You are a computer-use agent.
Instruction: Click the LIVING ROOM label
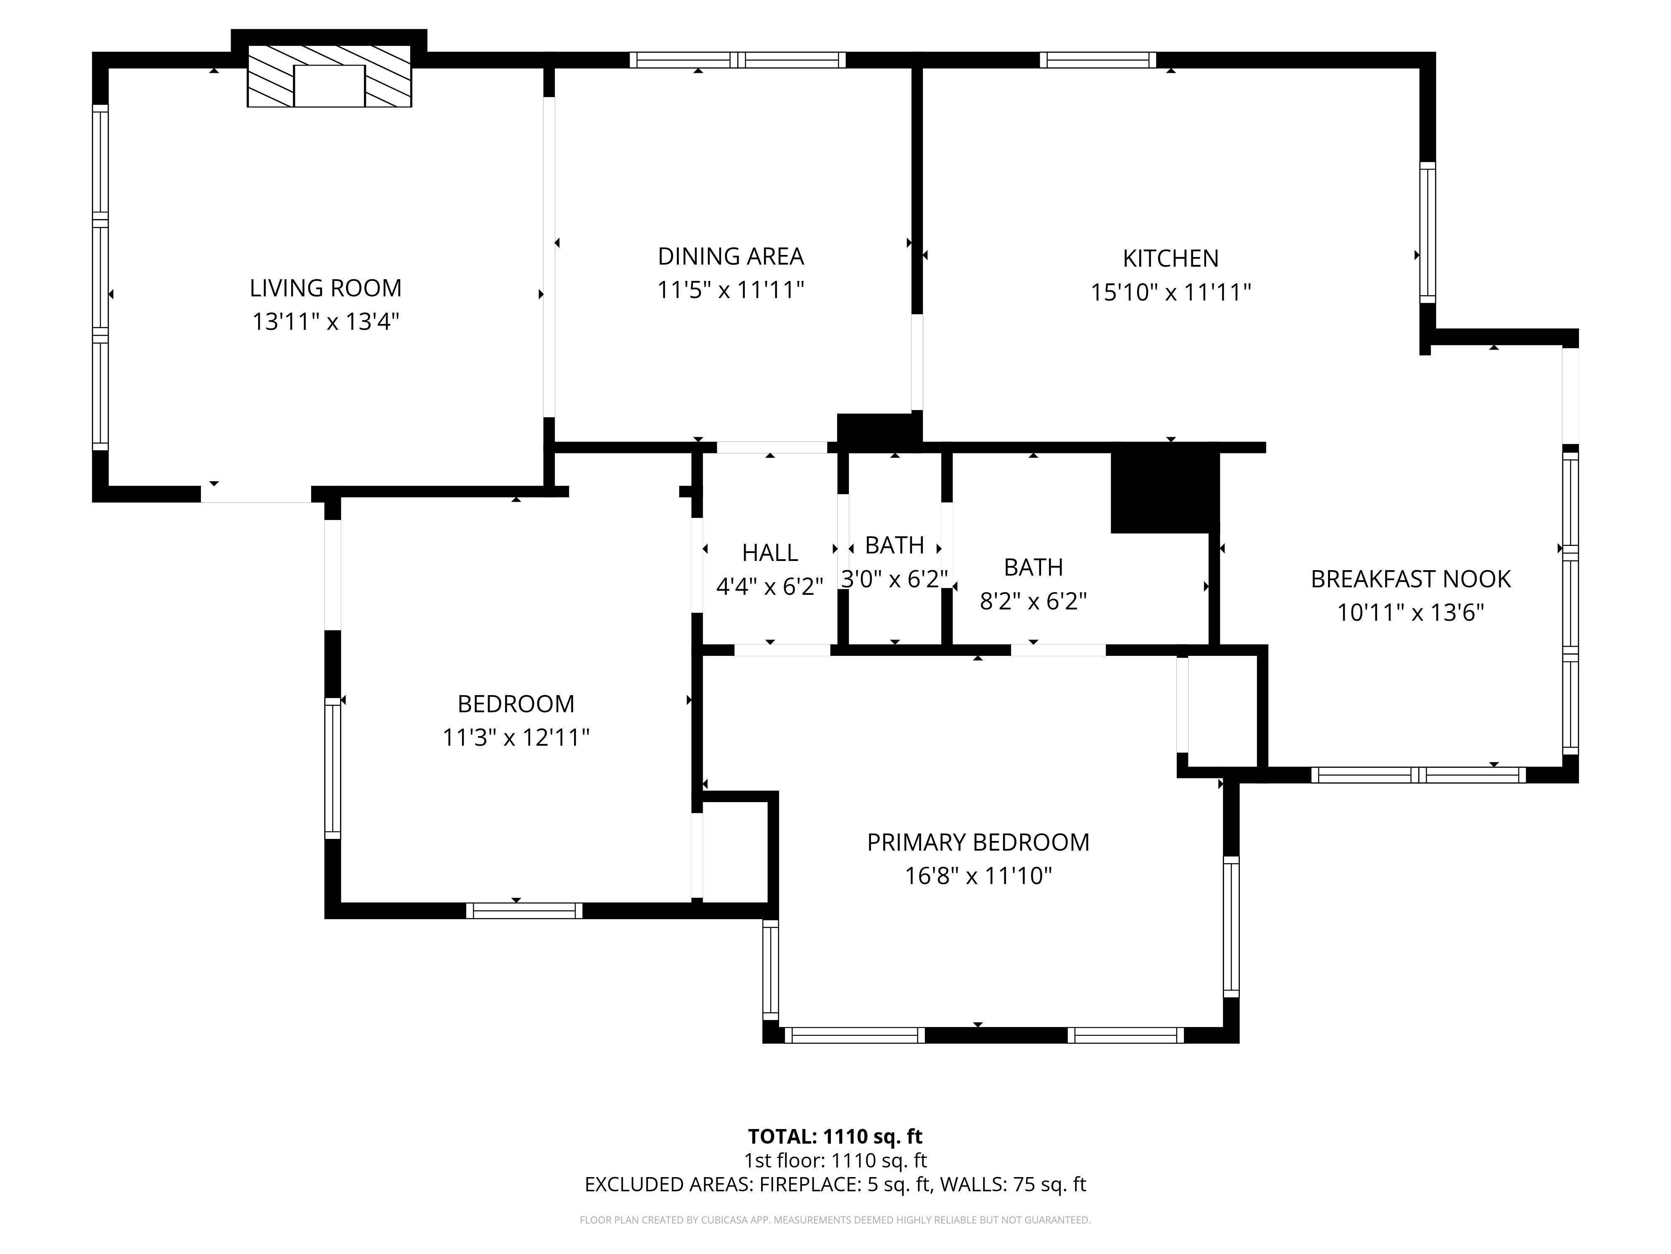pos(325,288)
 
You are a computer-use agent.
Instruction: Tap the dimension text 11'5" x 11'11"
pos(731,290)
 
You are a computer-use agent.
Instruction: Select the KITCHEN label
pos(1170,258)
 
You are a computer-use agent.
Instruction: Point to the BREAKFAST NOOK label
pos(1410,579)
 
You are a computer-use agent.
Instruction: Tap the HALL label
pos(770,553)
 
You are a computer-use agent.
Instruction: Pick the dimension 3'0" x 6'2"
pos(894,579)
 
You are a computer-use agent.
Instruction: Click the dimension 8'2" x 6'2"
pos(1033,601)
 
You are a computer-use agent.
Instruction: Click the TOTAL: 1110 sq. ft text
pos(835,1136)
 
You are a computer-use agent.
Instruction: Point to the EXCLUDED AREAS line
pos(835,1185)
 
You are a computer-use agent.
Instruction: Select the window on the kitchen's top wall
pos(1097,60)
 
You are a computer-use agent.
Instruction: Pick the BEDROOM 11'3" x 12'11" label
pos(516,720)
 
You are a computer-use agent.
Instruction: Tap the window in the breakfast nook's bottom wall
pos(1418,775)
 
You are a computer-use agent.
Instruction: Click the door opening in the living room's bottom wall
pos(255,494)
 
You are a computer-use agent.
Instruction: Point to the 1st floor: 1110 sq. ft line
pos(835,1160)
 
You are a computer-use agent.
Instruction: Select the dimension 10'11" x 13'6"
pos(1410,612)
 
